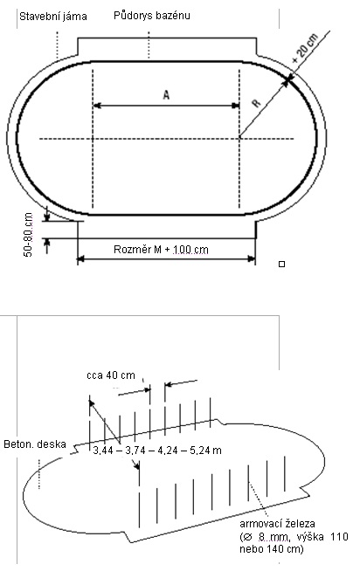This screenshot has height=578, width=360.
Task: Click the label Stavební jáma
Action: [53, 17]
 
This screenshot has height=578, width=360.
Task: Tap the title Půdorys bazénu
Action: [151, 16]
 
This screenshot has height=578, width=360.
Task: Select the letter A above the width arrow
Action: [166, 95]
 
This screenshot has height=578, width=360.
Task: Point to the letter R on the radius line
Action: [257, 103]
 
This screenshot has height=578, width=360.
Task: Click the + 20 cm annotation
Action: [305, 49]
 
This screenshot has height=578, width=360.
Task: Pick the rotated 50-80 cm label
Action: [28, 235]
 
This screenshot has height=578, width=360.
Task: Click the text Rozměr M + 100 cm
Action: [161, 250]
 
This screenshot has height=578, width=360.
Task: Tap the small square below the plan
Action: [282, 264]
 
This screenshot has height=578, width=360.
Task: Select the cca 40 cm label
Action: [111, 375]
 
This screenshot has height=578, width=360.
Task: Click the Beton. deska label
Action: [35, 444]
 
